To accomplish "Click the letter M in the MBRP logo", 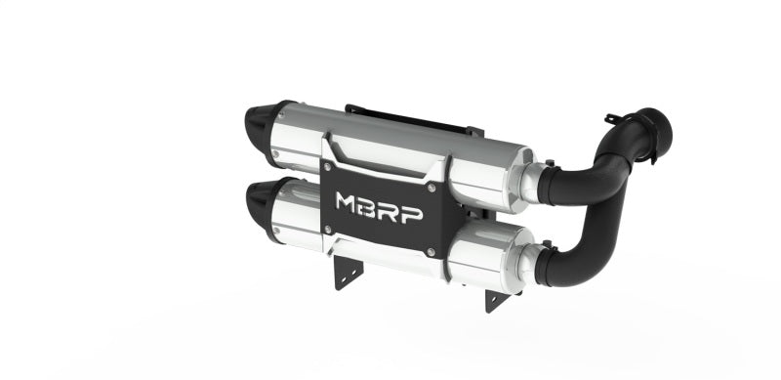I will point(349,204).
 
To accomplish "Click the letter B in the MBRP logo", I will point(371,206).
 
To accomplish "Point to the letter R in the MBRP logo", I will point(391,208).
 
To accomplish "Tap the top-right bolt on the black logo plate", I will point(431,184).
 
